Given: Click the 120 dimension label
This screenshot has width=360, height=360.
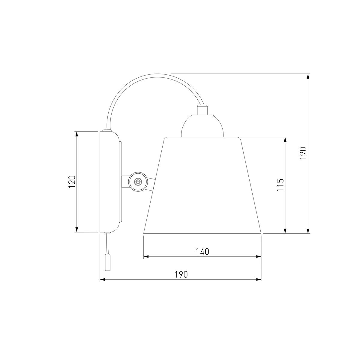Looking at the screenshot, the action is (72, 182).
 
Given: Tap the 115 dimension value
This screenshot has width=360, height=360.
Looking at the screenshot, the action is (280, 185).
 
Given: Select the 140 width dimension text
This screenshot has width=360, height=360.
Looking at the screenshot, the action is (202, 252).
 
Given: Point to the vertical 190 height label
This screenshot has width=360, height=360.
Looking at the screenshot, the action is (303, 153).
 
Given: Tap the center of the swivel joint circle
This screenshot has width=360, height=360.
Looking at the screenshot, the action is (138, 181).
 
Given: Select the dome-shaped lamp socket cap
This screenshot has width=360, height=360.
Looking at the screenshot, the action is (202, 126).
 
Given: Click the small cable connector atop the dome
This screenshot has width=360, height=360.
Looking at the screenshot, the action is (202, 110).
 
